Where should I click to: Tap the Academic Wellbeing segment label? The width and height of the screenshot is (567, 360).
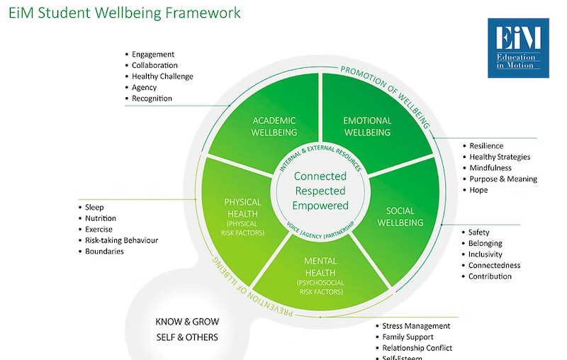click(x=274, y=126)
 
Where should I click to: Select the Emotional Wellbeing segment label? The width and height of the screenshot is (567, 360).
click(x=366, y=126)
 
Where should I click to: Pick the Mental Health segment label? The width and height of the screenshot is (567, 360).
click(x=320, y=267)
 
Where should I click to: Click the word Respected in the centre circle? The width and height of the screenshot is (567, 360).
click(x=320, y=191)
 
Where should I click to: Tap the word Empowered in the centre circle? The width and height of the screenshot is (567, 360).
click(x=320, y=206)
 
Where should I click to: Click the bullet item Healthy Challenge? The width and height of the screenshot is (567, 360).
click(x=162, y=77)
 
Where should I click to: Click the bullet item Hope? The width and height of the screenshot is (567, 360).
click(x=478, y=190)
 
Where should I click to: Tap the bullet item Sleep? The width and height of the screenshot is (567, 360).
click(x=94, y=207)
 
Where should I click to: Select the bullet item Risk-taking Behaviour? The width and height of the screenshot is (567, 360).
click(x=121, y=240)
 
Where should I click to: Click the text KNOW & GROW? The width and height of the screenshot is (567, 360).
click(x=187, y=322)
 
